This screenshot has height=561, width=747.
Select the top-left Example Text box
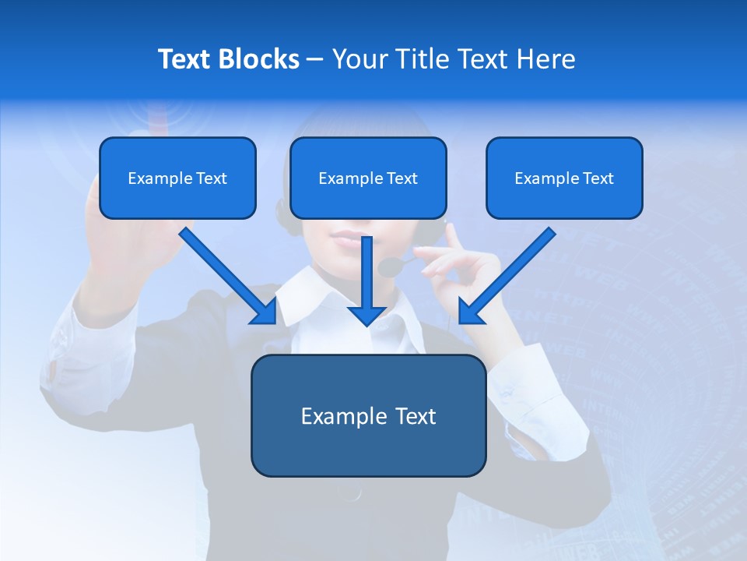pyautogui.click(x=177, y=178)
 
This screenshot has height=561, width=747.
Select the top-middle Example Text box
pyautogui.click(x=368, y=178)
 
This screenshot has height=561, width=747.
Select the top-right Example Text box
pyautogui.click(x=564, y=178)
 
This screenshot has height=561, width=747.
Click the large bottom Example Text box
pyautogui.click(x=368, y=416)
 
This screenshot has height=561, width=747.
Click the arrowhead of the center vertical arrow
pyautogui.click(x=366, y=316)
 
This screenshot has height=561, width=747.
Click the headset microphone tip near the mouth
pyautogui.click(x=387, y=267)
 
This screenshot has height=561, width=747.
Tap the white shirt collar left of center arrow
pyautogui.click(x=300, y=296)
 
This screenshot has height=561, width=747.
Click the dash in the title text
pyautogui.click(x=315, y=59)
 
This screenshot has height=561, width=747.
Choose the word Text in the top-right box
pyautogui.click(x=598, y=178)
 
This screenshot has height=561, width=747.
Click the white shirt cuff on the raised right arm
pyautogui.click(x=537, y=382)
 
